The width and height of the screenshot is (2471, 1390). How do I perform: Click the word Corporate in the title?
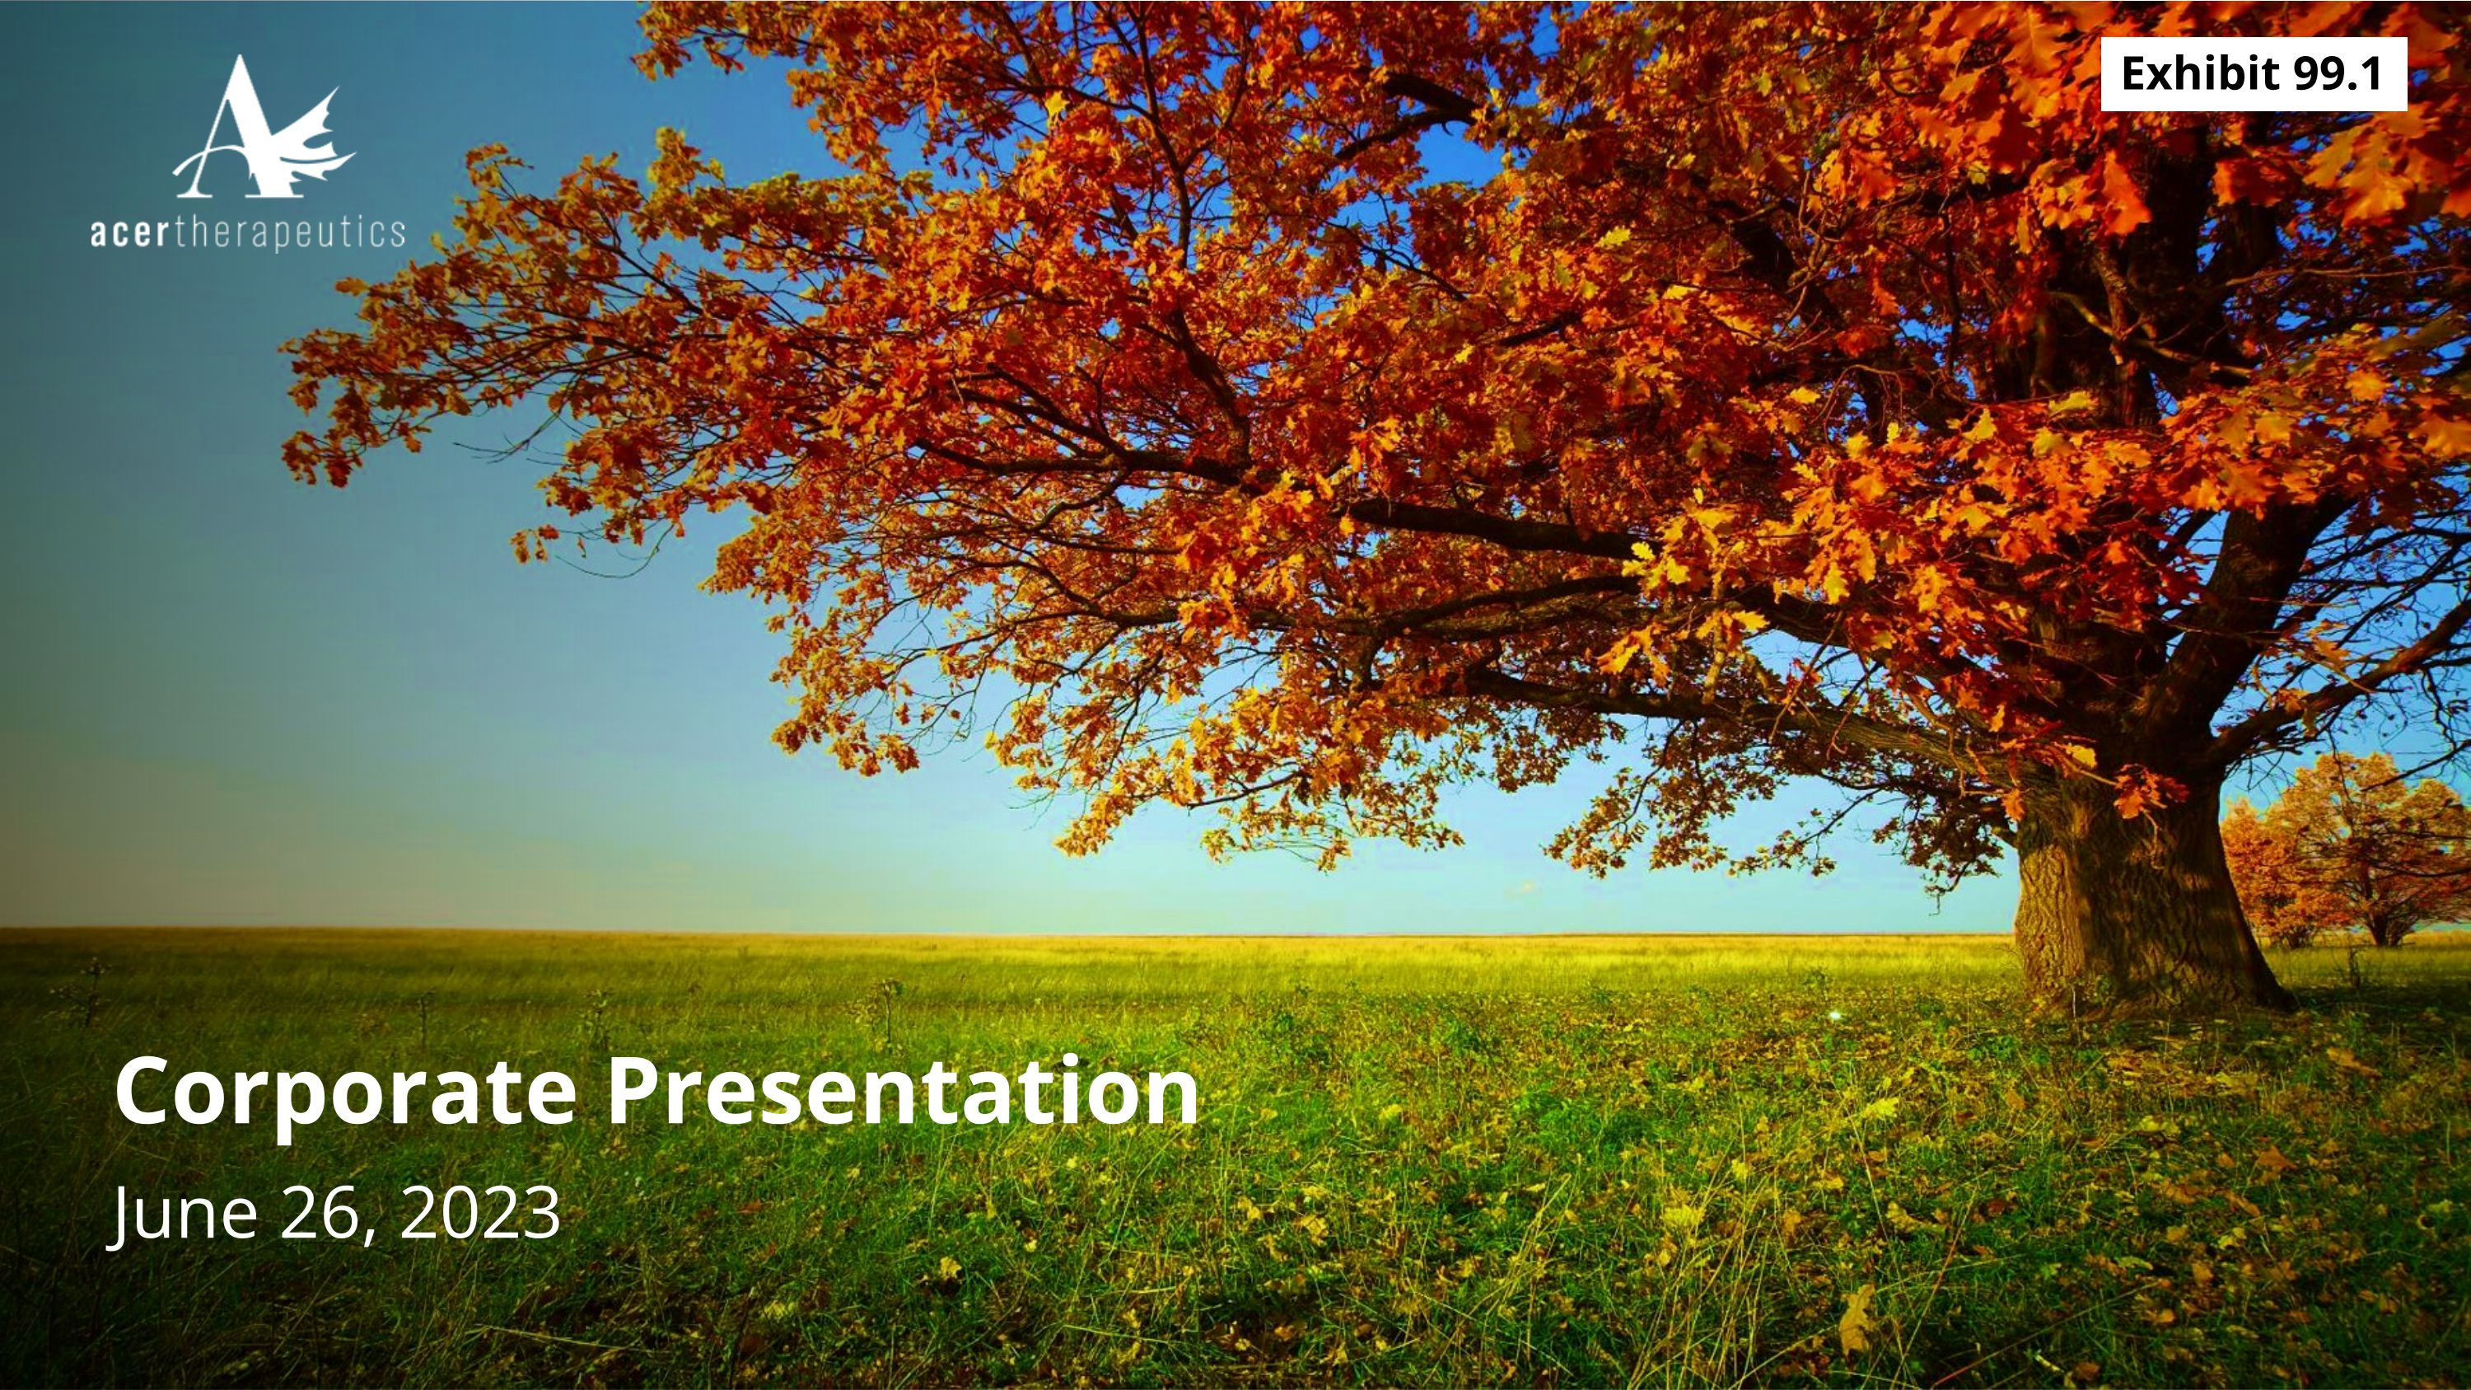pyautogui.click(x=345, y=1093)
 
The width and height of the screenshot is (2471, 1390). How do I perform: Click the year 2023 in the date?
pyautogui.click(x=479, y=1213)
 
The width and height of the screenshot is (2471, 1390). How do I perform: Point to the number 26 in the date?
pyautogui.click(x=316, y=1213)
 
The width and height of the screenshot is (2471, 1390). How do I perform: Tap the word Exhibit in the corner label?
pyautogui.click(x=2201, y=74)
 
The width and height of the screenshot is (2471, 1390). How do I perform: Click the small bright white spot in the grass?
pyautogui.click(x=1836, y=1014)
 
